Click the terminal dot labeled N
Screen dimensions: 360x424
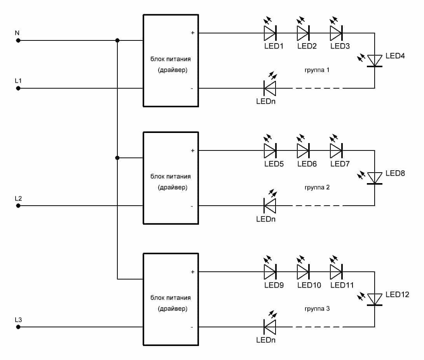[x=18, y=40]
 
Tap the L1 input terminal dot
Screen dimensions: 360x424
[x=18, y=88]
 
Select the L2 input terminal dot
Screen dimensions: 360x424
[x=18, y=206]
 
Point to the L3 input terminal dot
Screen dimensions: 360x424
[x=18, y=327]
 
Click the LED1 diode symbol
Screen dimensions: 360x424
[x=270, y=33]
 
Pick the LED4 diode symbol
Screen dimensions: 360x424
[x=375, y=60]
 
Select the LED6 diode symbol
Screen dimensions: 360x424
[x=303, y=150]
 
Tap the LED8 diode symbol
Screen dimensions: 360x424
[x=375, y=178]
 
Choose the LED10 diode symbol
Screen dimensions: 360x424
[x=303, y=272]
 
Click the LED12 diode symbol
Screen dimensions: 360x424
[x=375, y=299]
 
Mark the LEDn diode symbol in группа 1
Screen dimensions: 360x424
[x=270, y=88]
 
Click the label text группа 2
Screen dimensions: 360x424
[x=317, y=187]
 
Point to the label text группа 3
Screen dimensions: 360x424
[x=317, y=309]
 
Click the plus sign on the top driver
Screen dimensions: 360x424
[x=193, y=33]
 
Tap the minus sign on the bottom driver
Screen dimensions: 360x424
[x=192, y=327]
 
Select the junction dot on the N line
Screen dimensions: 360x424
[x=117, y=40]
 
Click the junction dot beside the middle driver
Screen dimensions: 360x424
[x=117, y=158]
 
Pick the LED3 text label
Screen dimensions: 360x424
[x=340, y=46]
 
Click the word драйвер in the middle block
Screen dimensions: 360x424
[x=173, y=187]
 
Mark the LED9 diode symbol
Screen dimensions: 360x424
[x=270, y=272]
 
